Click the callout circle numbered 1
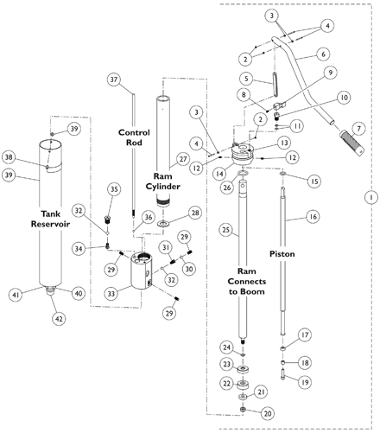(371, 197)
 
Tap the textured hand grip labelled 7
(351, 143)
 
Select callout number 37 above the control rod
(114, 80)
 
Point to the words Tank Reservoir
(50, 219)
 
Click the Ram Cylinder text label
(163, 181)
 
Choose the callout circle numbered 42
(59, 319)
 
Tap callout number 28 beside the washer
(195, 213)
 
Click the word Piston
(282, 254)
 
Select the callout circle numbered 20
(268, 413)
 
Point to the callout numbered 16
(313, 216)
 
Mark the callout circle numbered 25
(226, 230)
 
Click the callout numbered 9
(331, 73)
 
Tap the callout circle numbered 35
(114, 189)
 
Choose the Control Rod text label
(134, 137)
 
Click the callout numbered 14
(219, 174)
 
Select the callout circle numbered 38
(9, 157)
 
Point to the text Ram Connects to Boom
(247, 282)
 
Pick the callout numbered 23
(227, 364)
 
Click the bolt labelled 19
(282, 373)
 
